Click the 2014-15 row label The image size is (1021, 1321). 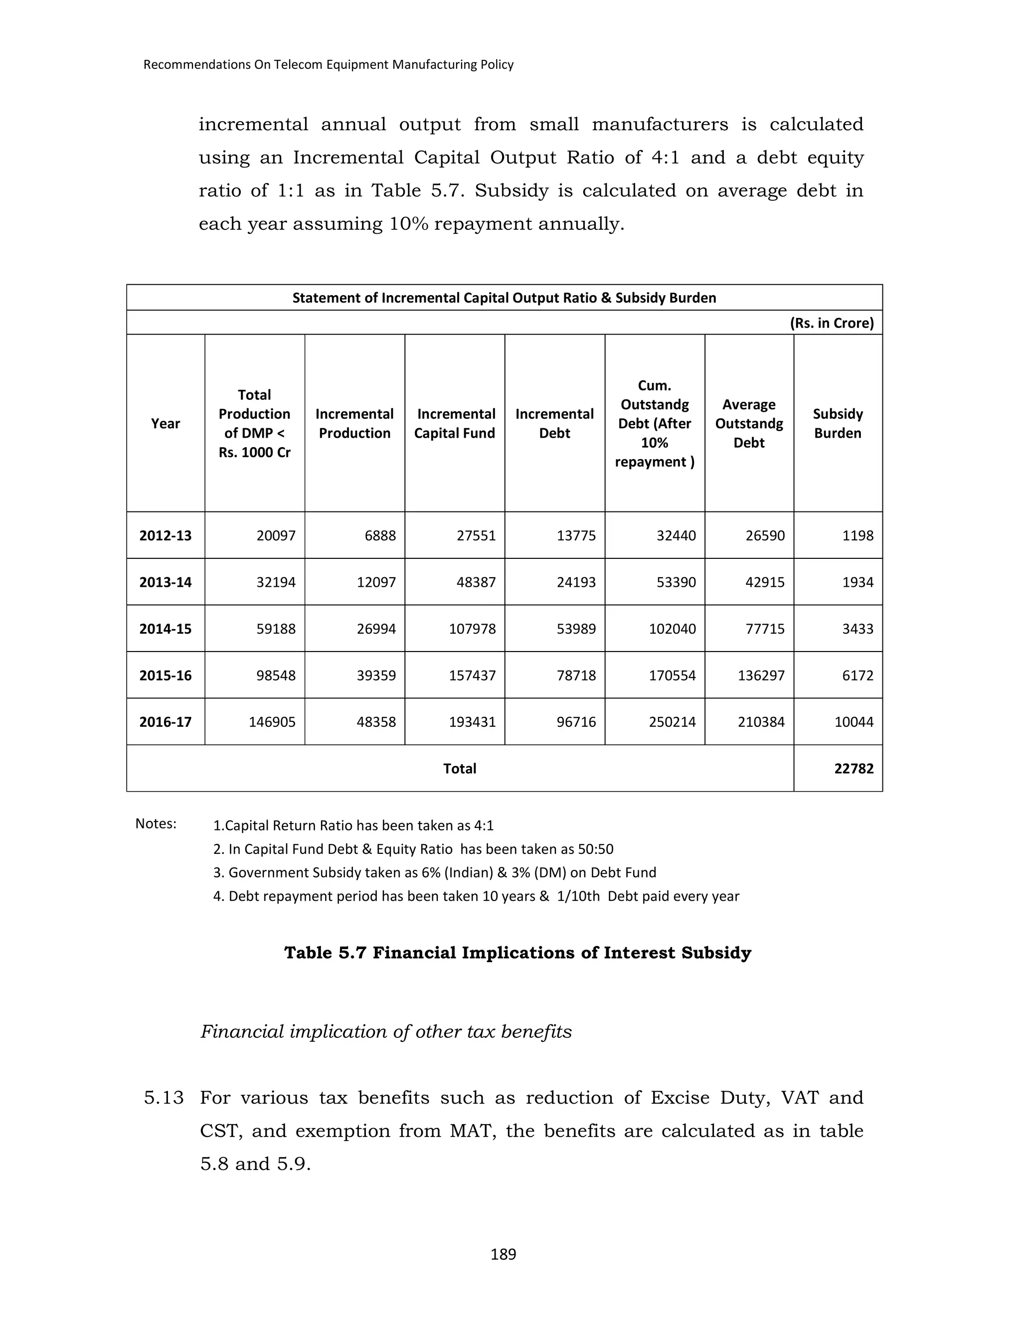[165, 629]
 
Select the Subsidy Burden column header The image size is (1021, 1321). [837, 423]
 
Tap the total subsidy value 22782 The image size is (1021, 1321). [853, 768]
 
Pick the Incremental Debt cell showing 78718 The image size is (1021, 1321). [576, 675]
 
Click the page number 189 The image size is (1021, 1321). [503, 1255]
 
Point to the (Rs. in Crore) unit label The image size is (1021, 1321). [832, 323]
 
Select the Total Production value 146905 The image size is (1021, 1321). [272, 722]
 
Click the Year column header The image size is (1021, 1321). [165, 423]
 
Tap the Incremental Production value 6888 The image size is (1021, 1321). [380, 535]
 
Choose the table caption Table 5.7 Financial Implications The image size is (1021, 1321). [517, 953]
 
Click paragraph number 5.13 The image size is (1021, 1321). [164, 1098]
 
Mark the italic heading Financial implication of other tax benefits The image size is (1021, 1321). [386, 1031]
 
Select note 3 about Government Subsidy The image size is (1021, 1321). [434, 872]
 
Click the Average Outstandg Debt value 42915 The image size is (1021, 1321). [765, 582]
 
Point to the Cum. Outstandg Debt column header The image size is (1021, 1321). [655, 423]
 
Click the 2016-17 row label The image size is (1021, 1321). [165, 722]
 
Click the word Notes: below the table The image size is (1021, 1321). [156, 824]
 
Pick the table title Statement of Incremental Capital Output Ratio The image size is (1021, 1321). [504, 298]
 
